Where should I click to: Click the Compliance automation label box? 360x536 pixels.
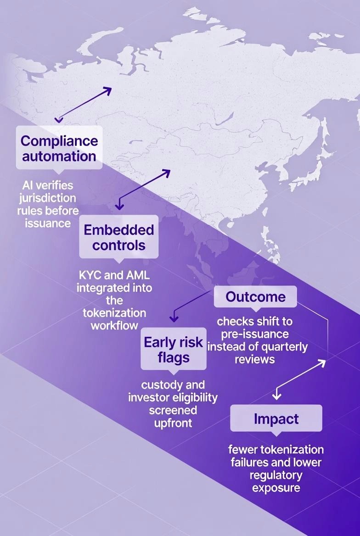(x=59, y=148)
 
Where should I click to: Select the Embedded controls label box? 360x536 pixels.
(x=118, y=237)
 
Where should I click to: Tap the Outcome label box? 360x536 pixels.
(x=255, y=297)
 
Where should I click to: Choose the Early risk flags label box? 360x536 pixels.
(x=173, y=349)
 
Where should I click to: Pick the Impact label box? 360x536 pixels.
(x=276, y=419)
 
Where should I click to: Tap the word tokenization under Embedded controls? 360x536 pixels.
(x=114, y=313)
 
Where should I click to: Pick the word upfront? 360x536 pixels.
(x=173, y=422)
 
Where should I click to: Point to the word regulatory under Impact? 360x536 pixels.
(x=276, y=474)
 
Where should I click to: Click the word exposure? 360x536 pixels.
(x=276, y=487)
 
